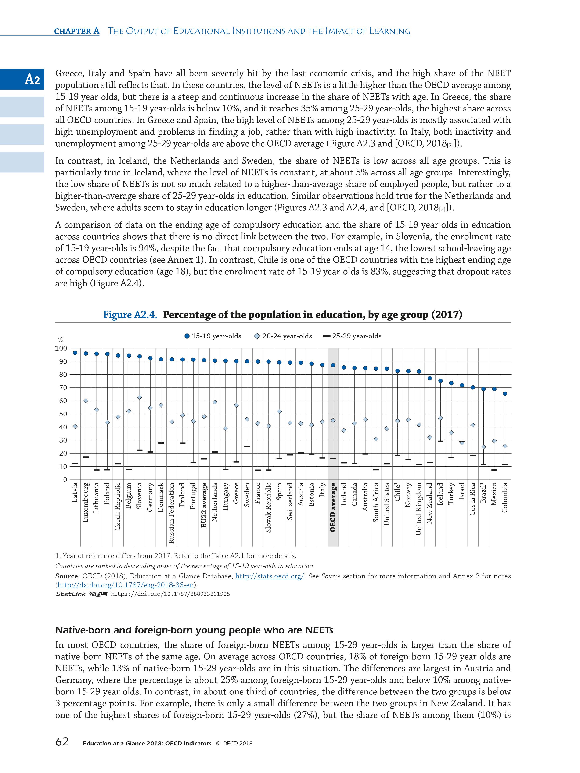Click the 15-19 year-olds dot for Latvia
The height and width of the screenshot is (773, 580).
pos(75,353)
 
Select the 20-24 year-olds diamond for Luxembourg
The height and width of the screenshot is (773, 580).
pos(86,401)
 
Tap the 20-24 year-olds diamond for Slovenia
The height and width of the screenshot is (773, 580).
pos(140,397)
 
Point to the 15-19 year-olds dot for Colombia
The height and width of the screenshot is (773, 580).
pos(505,394)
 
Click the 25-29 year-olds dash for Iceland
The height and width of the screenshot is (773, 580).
pos(440,441)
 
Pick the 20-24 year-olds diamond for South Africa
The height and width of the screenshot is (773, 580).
pos(376,439)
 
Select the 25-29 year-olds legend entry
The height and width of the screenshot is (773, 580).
pos(352,336)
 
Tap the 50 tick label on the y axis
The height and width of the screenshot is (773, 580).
pos(63,414)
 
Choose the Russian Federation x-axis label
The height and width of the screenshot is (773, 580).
pos(172,513)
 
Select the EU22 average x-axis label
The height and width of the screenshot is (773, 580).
pos(204,505)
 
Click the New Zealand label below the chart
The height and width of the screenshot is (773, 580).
pos(430,503)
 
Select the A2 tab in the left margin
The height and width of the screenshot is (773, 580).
pos(32,79)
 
